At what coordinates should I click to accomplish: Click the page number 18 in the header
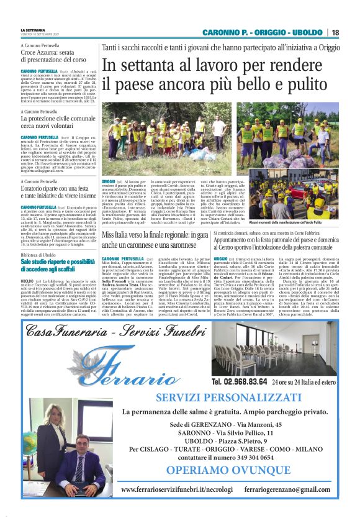point(335,32)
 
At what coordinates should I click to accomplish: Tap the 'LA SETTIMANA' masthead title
point(33,29)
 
